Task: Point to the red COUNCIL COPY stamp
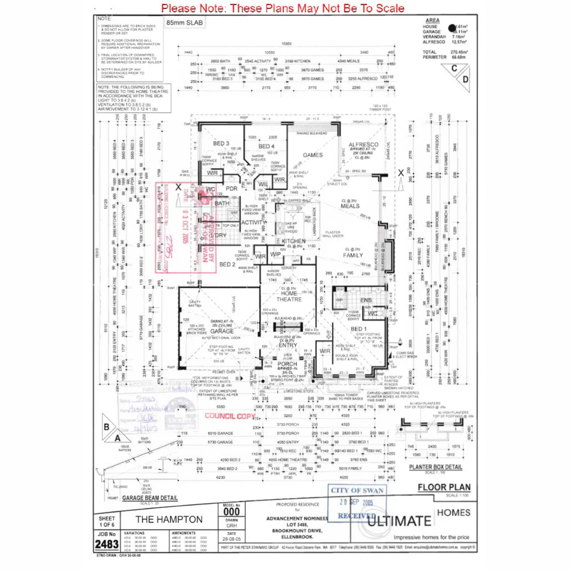(x=225, y=415)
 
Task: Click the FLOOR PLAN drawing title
(x=444, y=487)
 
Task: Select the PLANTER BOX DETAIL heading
(x=436, y=467)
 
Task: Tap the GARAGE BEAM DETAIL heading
(x=150, y=498)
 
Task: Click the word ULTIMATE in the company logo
(x=399, y=521)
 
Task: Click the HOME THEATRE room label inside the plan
(x=289, y=296)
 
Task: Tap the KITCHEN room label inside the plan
(x=294, y=241)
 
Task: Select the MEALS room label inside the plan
(x=350, y=206)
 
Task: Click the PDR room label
(x=232, y=188)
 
